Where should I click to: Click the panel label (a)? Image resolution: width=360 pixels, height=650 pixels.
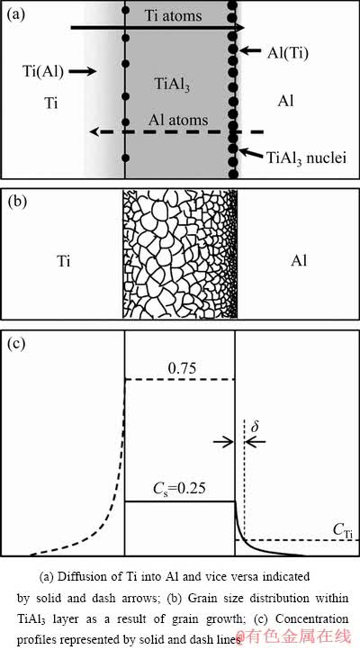16,14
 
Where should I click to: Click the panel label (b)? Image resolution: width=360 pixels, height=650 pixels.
16,202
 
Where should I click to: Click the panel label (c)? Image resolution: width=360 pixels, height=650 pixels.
16,344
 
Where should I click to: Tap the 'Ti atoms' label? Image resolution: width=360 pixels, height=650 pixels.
173,15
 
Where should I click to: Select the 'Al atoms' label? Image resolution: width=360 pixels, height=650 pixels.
178,121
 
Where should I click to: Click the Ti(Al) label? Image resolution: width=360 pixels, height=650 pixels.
43,72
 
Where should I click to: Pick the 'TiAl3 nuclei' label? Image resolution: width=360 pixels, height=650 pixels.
306,158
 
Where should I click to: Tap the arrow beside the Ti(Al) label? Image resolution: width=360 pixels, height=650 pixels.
81,72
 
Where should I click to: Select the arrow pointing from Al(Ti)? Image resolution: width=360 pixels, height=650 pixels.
251,51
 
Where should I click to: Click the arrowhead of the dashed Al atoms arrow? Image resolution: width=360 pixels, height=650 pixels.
94,132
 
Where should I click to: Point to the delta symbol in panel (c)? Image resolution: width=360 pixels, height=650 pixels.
255,427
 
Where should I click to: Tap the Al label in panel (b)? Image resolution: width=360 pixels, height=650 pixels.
300,262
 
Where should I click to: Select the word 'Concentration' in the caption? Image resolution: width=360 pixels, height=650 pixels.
311,618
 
